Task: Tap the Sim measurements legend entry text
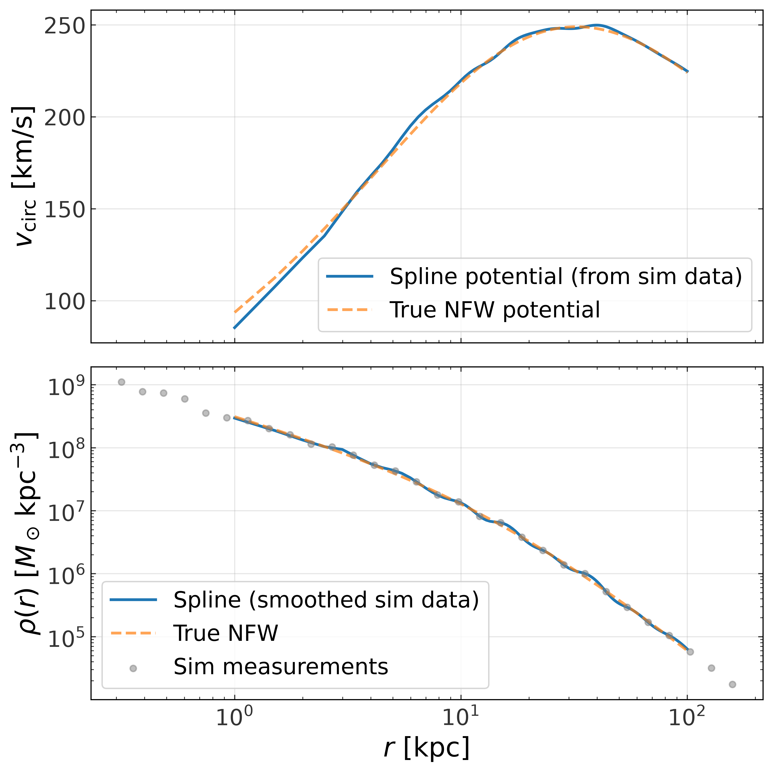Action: click(281, 667)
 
